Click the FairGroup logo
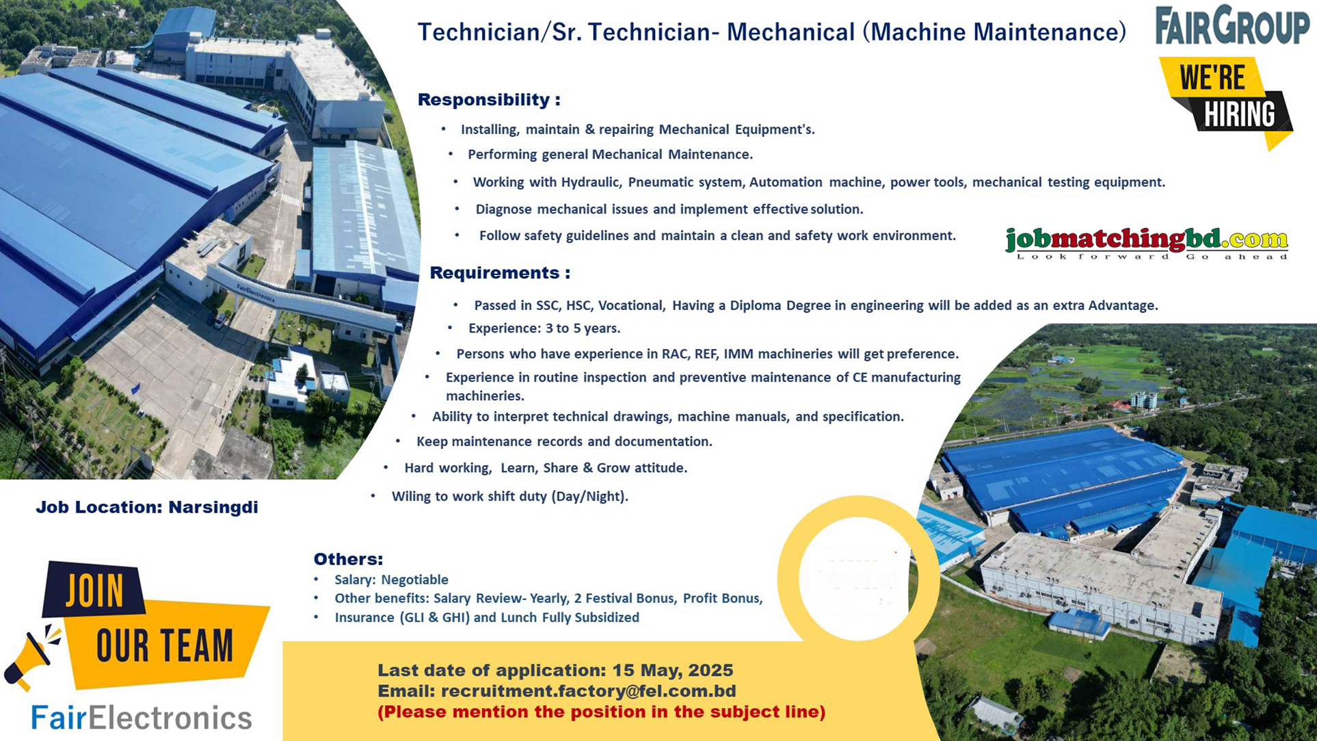(x=1232, y=26)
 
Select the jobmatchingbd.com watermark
(x=1146, y=242)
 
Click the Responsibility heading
(x=488, y=100)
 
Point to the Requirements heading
(x=499, y=273)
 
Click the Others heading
(x=348, y=559)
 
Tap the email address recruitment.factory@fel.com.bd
(x=588, y=691)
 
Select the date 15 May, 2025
(x=672, y=671)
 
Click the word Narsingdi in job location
(x=213, y=507)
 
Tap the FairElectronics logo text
(x=142, y=718)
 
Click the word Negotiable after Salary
(x=414, y=580)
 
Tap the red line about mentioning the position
(x=601, y=712)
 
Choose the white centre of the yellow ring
(x=857, y=578)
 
